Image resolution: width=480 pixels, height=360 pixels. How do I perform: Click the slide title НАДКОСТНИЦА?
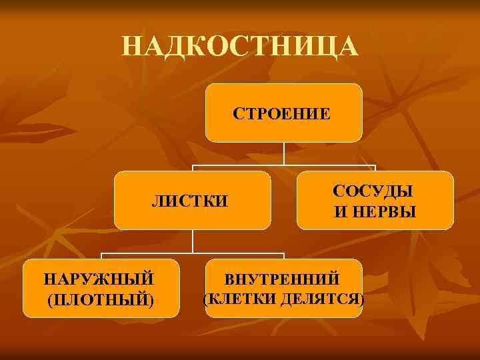[240, 47]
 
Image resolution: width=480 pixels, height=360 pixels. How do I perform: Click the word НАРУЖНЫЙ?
[100, 277]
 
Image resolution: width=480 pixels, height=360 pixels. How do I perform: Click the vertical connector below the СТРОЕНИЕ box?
[284, 153]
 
